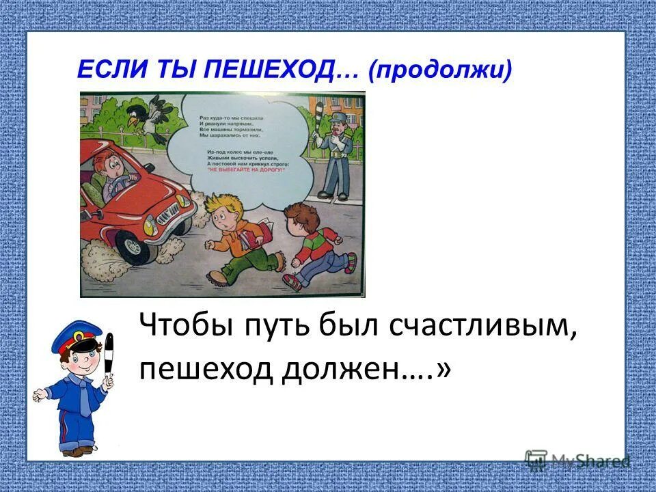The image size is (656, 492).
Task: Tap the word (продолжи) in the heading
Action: click(x=439, y=70)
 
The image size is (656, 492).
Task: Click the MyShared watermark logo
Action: click(x=577, y=461)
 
